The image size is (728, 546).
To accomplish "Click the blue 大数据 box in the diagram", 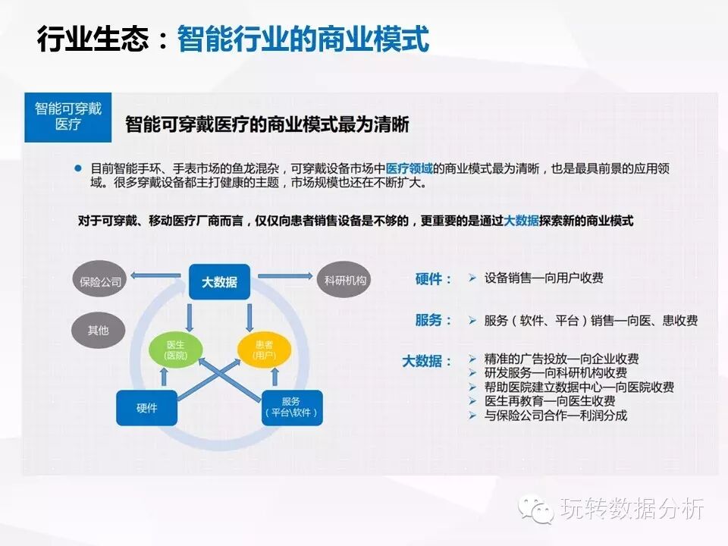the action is [x=218, y=282].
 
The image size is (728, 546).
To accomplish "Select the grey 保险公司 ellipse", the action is [x=101, y=282].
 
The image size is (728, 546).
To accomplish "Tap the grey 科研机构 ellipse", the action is [x=344, y=281].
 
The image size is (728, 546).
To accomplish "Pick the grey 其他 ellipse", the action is [x=98, y=330].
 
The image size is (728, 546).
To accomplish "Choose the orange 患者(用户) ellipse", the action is [x=263, y=349].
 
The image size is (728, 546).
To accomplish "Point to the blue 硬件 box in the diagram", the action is [x=146, y=407].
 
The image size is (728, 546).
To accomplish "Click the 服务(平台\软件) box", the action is [x=290, y=407].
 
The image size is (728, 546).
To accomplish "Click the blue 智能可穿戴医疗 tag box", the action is [x=68, y=117].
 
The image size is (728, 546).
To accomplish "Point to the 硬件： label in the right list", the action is [x=434, y=279].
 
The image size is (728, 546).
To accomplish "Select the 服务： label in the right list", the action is [x=434, y=320].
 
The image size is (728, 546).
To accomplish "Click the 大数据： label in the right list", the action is [x=427, y=362].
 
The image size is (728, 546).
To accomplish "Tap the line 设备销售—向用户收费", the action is [x=544, y=278].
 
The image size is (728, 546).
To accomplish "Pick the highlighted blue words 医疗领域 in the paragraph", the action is [x=409, y=168].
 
